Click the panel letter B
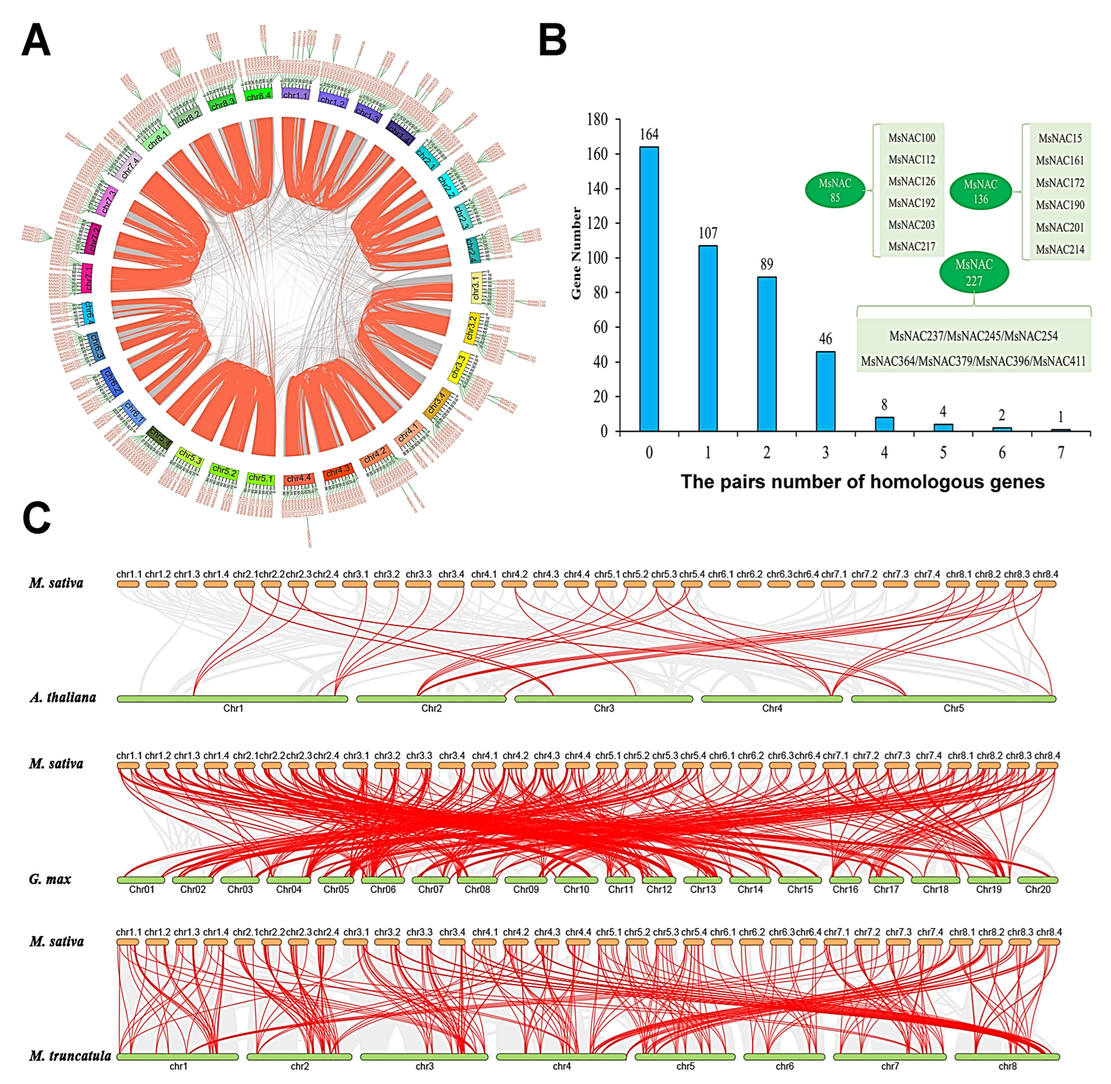[x=552, y=41]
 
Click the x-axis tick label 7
[x=1060, y=453]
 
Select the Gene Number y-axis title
[x=576, y=253]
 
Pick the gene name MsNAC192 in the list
[x=911, y=203]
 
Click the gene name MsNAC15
[x=1060, y=138]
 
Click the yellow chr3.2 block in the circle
[x=471, y=327]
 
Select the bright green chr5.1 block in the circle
[x=261, y=478]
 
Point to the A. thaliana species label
[x=63, y=697]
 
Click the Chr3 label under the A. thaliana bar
[x=603, y=708]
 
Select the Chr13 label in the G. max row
[x=703, y=889]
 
